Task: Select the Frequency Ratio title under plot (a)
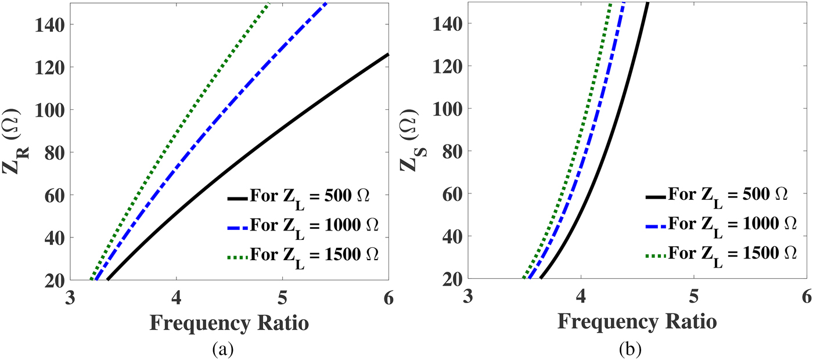229,323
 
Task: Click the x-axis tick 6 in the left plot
388,297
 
